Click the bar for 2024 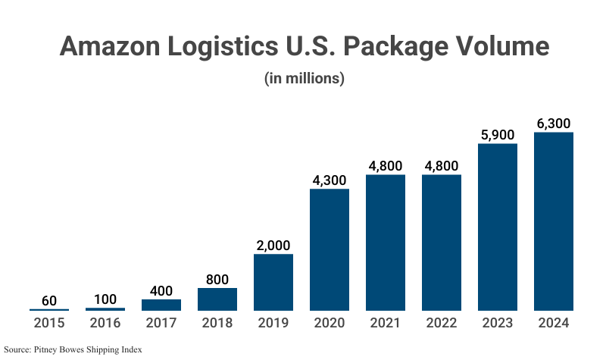coord(554,221)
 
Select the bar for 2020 coord(330,249)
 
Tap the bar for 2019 coord(273,282)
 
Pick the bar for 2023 coord(498,227)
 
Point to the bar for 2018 coord(217,299)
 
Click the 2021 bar coord(386,243)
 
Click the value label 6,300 coord(554,124)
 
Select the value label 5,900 coord(498,135)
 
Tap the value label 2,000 coord(273,246)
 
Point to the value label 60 coord(49,301)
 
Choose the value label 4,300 coord(330,180)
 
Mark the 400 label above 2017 coord(161,291)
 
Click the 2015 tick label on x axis coord(49,323)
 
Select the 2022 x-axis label coord(442,323)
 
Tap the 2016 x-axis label coord(105,323)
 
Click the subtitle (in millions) coord(304,78)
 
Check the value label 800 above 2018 coord(217,280)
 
